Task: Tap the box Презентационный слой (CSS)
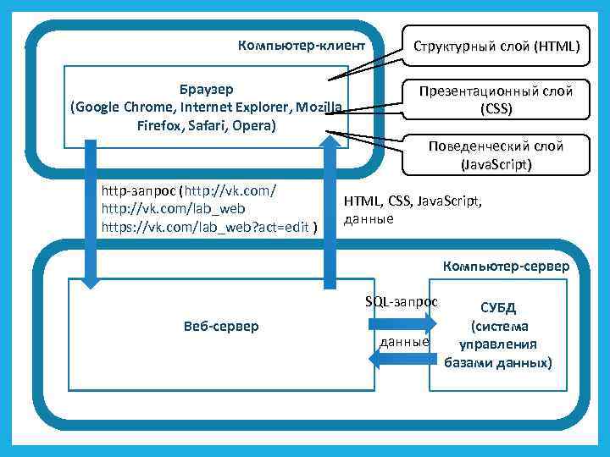[496, 100]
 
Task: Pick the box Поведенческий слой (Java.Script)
[496, 155]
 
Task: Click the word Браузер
[207, 89]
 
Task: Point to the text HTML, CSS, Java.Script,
[413, 202]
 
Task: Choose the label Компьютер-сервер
[506, 266]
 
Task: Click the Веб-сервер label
[220, 327]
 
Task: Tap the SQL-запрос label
[401, 301]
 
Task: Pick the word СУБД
[497, 306]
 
